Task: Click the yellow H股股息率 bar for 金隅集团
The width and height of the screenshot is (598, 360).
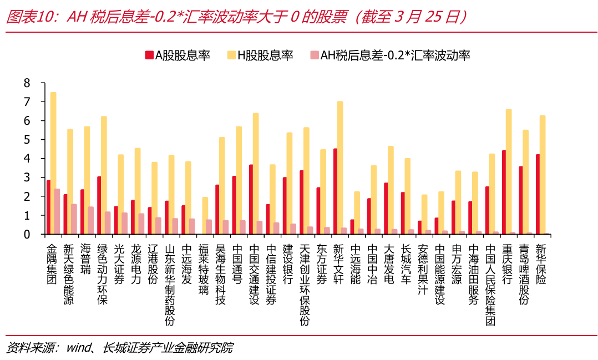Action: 53,163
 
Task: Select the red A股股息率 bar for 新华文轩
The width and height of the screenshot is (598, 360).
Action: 335,191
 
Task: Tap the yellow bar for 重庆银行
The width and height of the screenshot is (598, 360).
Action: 509,171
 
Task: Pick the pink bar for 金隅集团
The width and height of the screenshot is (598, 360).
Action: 57,211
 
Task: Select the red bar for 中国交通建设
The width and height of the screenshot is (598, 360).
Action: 251,199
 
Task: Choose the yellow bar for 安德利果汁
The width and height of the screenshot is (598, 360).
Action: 424,214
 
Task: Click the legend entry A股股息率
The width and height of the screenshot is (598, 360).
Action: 178,55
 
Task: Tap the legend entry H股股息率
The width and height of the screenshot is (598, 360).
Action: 260,55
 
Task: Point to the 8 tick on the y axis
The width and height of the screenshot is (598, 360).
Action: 27,83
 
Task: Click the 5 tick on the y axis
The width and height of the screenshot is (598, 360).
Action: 27,140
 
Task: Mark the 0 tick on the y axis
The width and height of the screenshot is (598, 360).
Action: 27,234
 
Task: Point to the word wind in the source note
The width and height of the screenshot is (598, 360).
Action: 78,348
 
